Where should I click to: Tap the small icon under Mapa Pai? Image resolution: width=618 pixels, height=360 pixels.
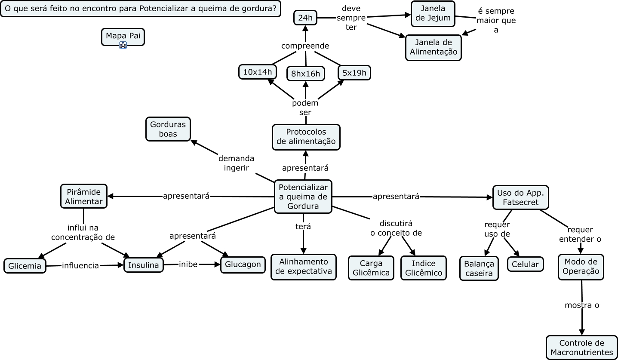click(x=123, y=45)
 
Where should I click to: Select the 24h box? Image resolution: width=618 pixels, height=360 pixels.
click(x=305, y=18)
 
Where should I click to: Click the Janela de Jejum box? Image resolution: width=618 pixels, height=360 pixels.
click(x=433, y=13)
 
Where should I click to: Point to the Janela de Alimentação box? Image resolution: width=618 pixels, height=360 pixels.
click(x=433, y=47)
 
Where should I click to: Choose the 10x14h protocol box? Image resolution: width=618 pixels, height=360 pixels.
click(x=258, y=72)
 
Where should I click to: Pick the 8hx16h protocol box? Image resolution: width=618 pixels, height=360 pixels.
click(x=305, y=74)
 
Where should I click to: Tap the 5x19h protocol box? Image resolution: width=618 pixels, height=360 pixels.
click(x=354, y=73)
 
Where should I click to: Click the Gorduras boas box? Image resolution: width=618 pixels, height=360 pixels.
click(x=168, y=129)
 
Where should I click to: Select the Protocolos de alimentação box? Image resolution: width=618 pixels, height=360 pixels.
click(x=306, y=137)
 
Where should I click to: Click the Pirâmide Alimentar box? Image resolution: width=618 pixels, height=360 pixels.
click(x=83, y=196)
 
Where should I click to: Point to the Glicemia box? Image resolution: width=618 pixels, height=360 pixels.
click(x=25, y=266)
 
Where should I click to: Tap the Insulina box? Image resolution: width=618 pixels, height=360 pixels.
click(x=144, y=265)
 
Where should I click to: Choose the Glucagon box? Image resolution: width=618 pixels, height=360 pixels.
click(x=243, y=264)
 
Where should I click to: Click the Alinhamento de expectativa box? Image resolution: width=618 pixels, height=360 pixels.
click(x=303, y=267)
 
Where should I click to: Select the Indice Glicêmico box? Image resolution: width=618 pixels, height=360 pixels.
click(x=423, y=268)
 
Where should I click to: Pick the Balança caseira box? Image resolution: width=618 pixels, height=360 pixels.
click(x=479, y=268)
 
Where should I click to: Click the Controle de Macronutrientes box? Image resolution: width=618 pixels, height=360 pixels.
click(x=581, y=348)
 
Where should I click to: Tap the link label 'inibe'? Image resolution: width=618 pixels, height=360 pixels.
click(x=188, y=265)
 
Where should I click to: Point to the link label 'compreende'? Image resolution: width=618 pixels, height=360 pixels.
click(x=305, y=46)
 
